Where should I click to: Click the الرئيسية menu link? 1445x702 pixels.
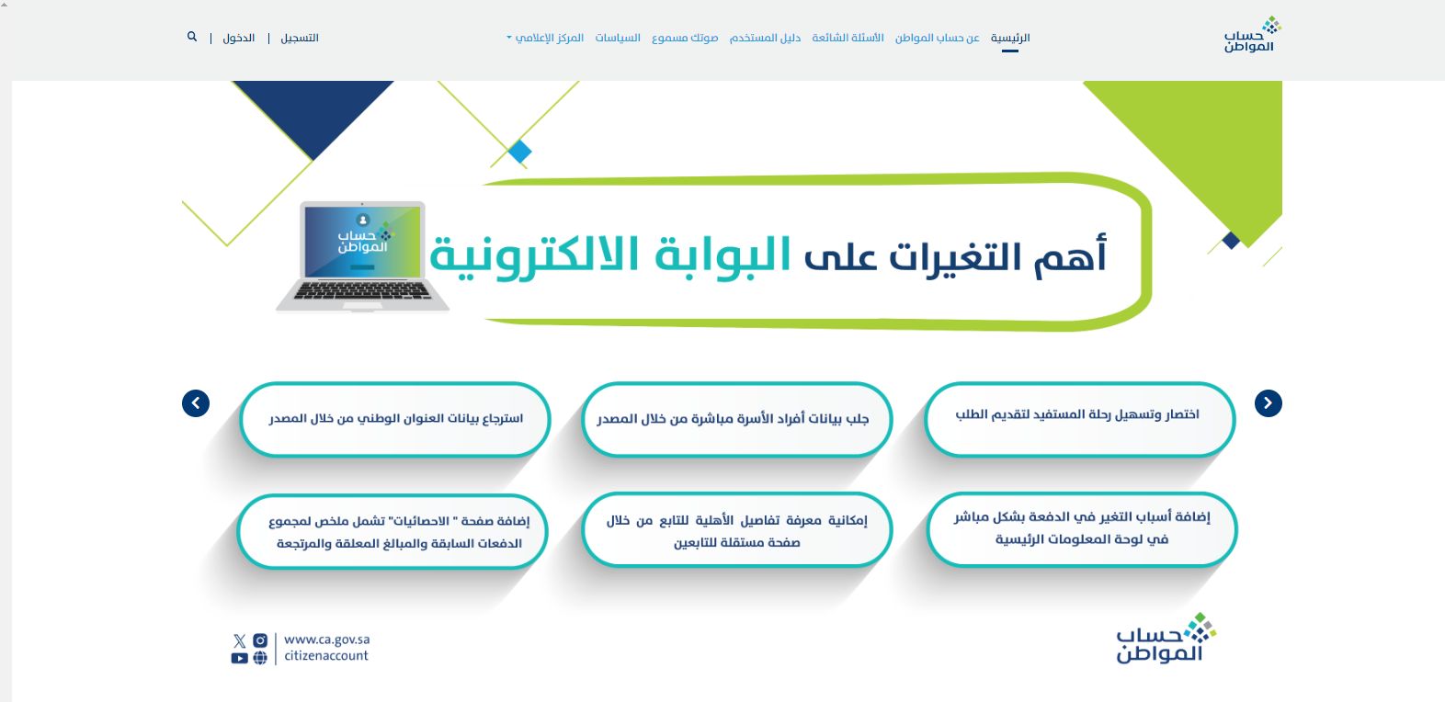[1009, 38]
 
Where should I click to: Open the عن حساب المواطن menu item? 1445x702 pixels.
[937, 38]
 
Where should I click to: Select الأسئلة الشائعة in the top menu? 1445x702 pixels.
[848, 38]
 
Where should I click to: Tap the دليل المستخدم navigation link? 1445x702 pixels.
[765, 38]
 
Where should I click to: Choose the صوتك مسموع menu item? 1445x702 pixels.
[685, 38]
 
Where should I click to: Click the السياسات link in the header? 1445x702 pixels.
[618, 38]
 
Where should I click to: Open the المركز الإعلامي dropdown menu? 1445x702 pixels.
[546, 38]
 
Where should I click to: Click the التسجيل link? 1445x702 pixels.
[300, 38]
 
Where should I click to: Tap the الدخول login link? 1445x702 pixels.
[239, 38]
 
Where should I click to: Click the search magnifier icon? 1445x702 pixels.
[192, 37]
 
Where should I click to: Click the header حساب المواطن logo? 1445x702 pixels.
[1251, 35]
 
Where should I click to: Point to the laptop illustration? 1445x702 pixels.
[363, 255]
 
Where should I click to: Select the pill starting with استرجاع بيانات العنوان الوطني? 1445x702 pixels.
[395, 419]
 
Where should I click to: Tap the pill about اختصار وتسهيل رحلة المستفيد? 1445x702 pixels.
[1078, 415]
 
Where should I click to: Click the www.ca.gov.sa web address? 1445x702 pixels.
[326, 640]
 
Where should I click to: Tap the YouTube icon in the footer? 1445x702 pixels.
[239, 658]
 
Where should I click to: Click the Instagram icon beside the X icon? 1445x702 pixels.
[260, 640]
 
